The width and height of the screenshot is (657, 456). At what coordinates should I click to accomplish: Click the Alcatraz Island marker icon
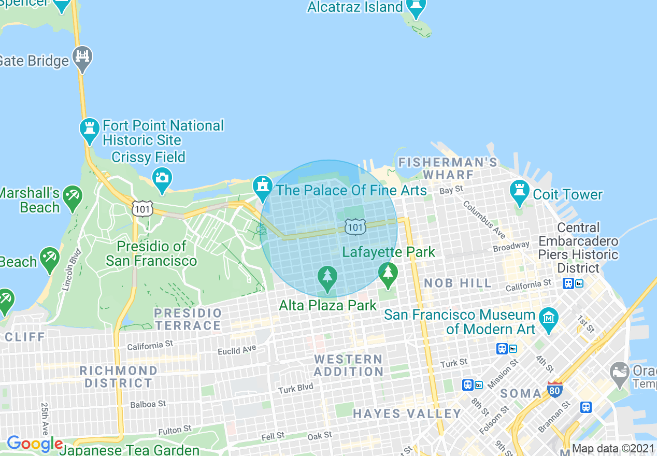pyautogui.click(x=416, y=7)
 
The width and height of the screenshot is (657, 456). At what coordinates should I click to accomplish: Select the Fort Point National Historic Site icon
pyautogui.click(x=90, y=129)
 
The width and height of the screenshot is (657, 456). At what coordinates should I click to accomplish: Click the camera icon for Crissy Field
pyautogui.click(x=162, y=178)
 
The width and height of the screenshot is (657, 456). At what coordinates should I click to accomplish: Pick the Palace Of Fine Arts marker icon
pyautogui.click(x=263, y=187)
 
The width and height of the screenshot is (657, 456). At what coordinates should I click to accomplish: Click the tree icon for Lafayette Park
pyautogui.click(x=388, y=273)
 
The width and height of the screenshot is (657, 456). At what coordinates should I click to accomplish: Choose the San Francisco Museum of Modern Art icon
pyautogui.click(x=549, y=318)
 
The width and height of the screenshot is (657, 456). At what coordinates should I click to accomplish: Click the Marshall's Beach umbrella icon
pyautogui.click(x=72, y=196)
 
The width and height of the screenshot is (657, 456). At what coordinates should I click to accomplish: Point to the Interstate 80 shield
pyautogui.click(x=554, y=389)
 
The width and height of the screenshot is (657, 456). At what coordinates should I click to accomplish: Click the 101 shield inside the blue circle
pyautogui.click(x=355, y=226)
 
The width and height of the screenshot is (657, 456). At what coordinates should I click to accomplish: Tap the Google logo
pyautogui.click(x=35, y=444)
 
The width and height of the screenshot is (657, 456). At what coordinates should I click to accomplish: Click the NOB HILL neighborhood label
pyautogui.click(x=458, y=283)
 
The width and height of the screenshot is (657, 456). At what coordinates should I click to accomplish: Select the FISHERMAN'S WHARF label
pyautogui.click(x=448, y=168)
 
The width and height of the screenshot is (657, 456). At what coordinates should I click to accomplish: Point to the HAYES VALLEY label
pyautogui.click(x=407, y=414)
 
